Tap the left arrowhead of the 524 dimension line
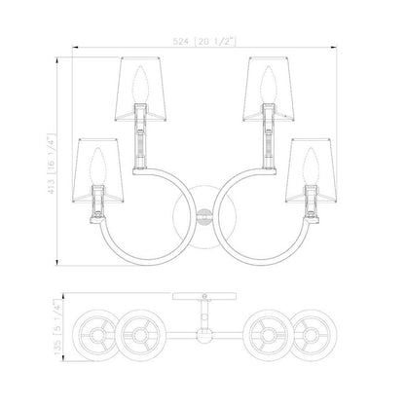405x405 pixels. pyautogui.click(x=75, y=48)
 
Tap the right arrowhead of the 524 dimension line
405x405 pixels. pyautogui.click(x=333, y=48)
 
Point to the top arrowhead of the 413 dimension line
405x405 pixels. pyautogui.click(x=57, y=60)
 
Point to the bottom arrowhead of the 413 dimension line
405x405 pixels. pyautogui.click(x=57, y=262)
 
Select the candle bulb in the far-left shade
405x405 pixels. pyautogui.click(x=98, y=166)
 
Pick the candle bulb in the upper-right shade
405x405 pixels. pyautogui.click(x=268, y=85)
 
